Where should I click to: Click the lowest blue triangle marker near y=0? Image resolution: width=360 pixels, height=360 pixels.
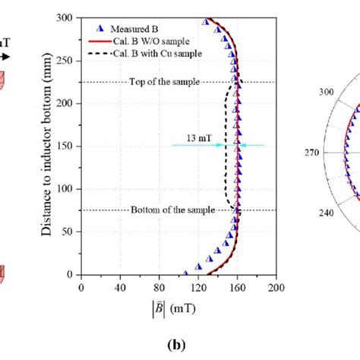185,273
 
